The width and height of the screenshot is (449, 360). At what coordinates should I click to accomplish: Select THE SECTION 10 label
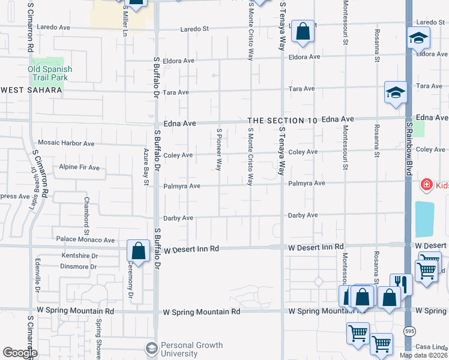click(x=283, y=121)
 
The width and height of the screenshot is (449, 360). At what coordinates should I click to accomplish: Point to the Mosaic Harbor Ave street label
click(x=66, y=143)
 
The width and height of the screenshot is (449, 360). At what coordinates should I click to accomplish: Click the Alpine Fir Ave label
click(x=79, y=167)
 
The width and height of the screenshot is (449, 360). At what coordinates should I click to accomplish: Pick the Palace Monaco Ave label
click(x=85, y=240)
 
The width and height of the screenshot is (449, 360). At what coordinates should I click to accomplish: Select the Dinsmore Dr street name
click(x=79, y=266)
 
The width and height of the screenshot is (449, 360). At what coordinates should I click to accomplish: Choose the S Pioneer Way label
click(x=219, y=149)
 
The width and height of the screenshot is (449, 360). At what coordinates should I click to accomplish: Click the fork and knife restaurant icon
click(x=400, y=284)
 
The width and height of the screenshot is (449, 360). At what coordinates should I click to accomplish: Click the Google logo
click(x=20, y=353)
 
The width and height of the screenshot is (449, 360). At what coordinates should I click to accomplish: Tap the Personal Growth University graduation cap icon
click(x=151, y=348)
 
